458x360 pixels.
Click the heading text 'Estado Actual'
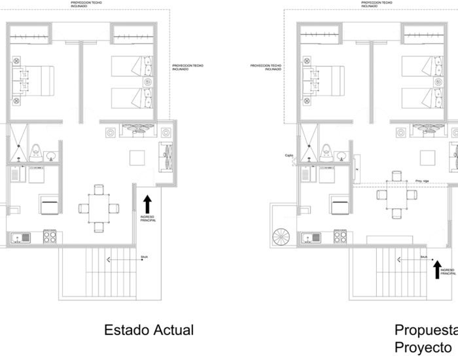tap(149, 330)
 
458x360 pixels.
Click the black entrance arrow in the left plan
tap(147, 203)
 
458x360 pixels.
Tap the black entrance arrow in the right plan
tap(436, 268)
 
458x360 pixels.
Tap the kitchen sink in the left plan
tap(20, 237)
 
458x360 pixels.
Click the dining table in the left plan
tap(99, 209)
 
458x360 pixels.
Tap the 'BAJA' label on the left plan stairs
tap(143, 257)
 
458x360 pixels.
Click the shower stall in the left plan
tap(19, 142)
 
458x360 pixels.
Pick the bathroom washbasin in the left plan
tap(51, 156)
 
